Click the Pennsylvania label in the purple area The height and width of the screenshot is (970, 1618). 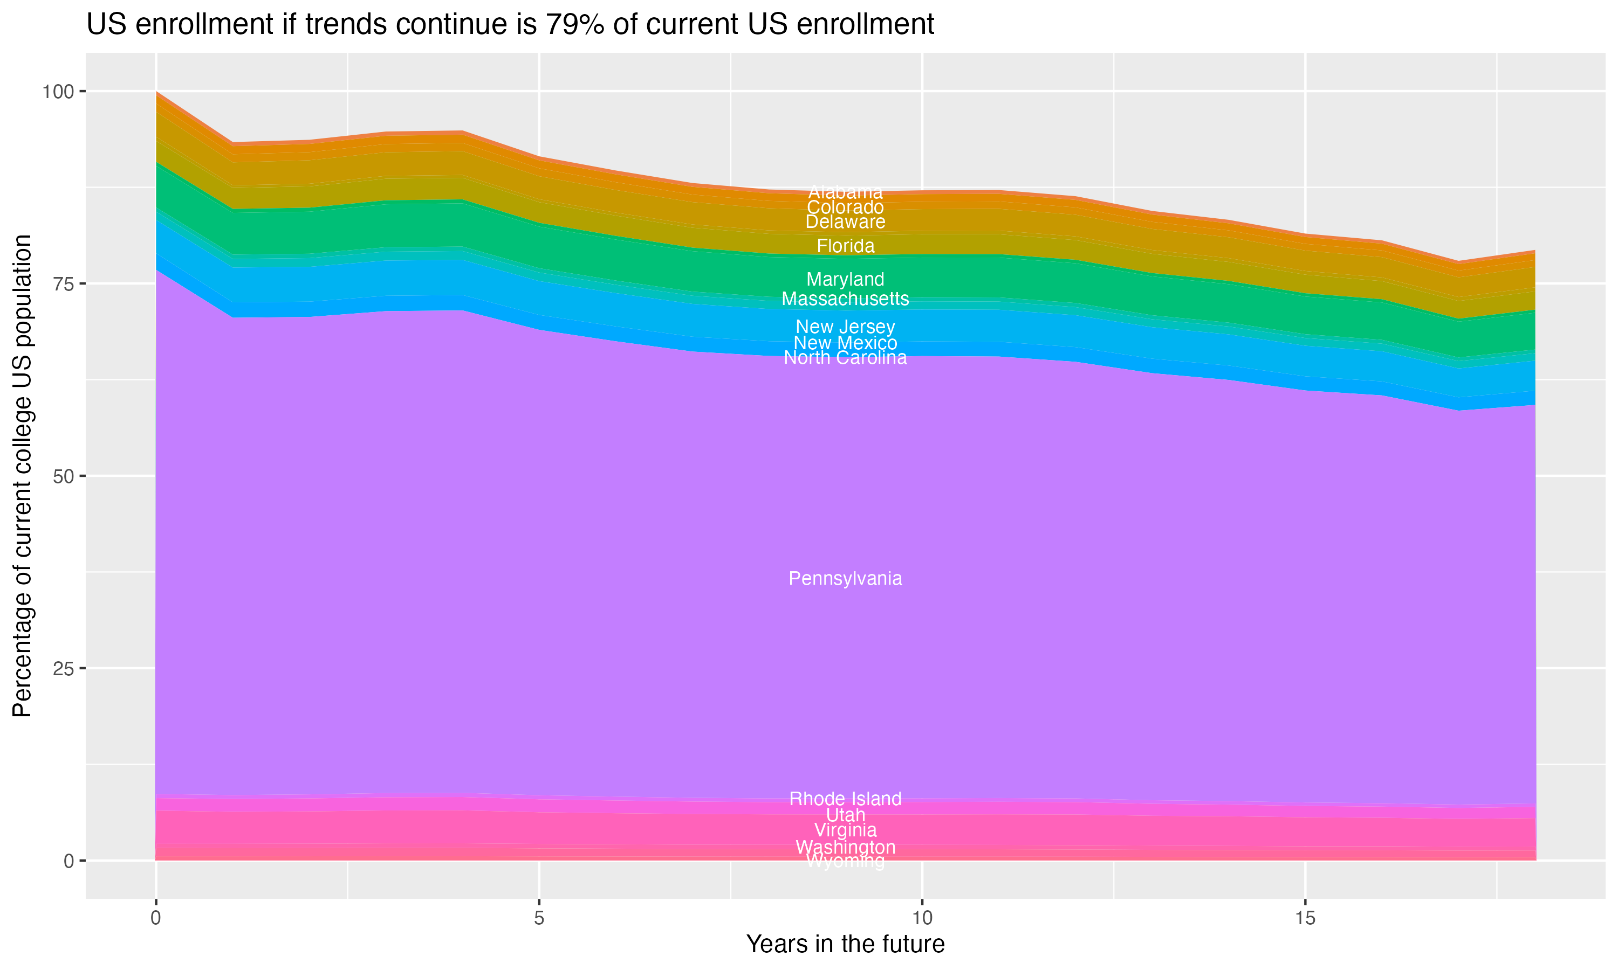(845, 578)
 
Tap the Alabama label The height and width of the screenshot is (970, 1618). (845, 192)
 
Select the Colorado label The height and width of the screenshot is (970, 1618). (845, 207)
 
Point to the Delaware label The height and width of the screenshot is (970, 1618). (845, 221)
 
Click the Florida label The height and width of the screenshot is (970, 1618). (845, 246)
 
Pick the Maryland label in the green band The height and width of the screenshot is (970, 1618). (845, 279)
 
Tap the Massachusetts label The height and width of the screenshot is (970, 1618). (845, 299)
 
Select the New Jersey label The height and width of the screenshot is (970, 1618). (845, 326)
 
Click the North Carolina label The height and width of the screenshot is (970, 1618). (845, 357)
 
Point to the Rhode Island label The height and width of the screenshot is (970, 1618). (845, 799)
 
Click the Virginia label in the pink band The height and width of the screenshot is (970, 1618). (845, 830)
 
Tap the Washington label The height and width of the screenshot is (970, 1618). (845, 847)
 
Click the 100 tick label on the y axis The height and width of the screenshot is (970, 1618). (58, 92)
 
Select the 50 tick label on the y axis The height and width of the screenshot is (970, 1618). (64, 476)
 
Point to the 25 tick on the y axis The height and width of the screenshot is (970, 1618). (64, 669)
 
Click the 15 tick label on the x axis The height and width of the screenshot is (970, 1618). (1305, 918)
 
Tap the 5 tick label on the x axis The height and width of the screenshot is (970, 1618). (539, 918)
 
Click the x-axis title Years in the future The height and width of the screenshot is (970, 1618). (845, 944)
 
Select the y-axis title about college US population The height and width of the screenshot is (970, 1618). (22, 476)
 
